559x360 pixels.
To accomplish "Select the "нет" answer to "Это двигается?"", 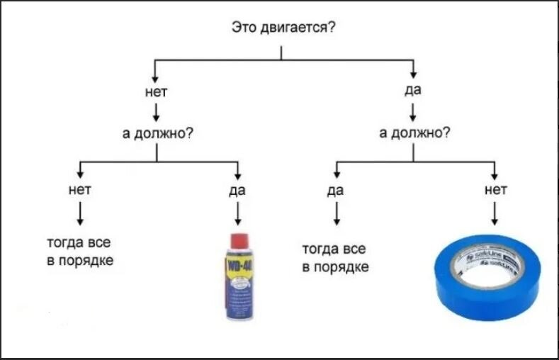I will (x=155, y=92).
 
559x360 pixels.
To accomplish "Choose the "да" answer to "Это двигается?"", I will (x=413, y=91).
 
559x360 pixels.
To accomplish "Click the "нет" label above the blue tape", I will (x=495, y=189).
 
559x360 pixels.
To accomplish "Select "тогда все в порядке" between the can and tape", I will (x=334, y=258).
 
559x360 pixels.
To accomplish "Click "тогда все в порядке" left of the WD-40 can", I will (x=79, y=252).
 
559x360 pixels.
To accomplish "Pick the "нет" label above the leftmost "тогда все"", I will (x=80, y=189).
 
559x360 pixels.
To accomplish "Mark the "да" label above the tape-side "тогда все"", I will (x=336, y=190).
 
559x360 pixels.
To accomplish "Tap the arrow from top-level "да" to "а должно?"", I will (x=412, y=111).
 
